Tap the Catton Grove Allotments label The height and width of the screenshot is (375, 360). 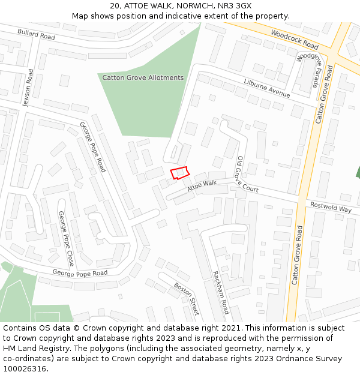click(143, 78)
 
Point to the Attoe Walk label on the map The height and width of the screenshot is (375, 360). click(202, 187)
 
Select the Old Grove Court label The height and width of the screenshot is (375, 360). click(246, 175)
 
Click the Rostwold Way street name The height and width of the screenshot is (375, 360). click(331, 207)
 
